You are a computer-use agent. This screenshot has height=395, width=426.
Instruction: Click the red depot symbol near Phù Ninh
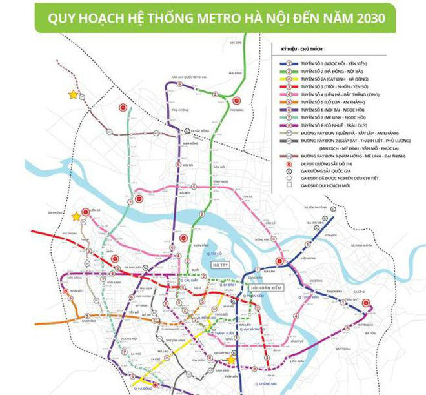[238, 100]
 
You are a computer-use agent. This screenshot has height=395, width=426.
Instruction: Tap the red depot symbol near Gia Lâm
[279, 261]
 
